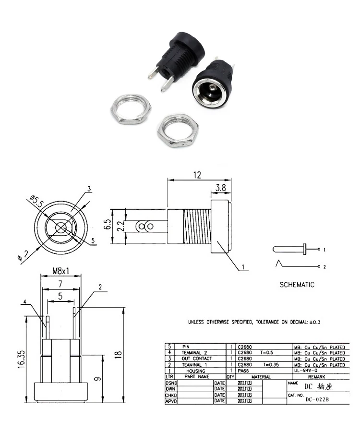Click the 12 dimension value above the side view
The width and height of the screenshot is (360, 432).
point(197,176)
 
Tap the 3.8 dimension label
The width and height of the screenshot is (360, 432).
point(220,189)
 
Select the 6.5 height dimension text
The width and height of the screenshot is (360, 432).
point(107,225)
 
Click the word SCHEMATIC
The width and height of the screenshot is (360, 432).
point(297,285)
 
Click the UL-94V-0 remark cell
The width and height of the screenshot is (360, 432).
point(305,371)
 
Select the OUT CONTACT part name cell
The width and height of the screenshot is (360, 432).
point(196,359)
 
